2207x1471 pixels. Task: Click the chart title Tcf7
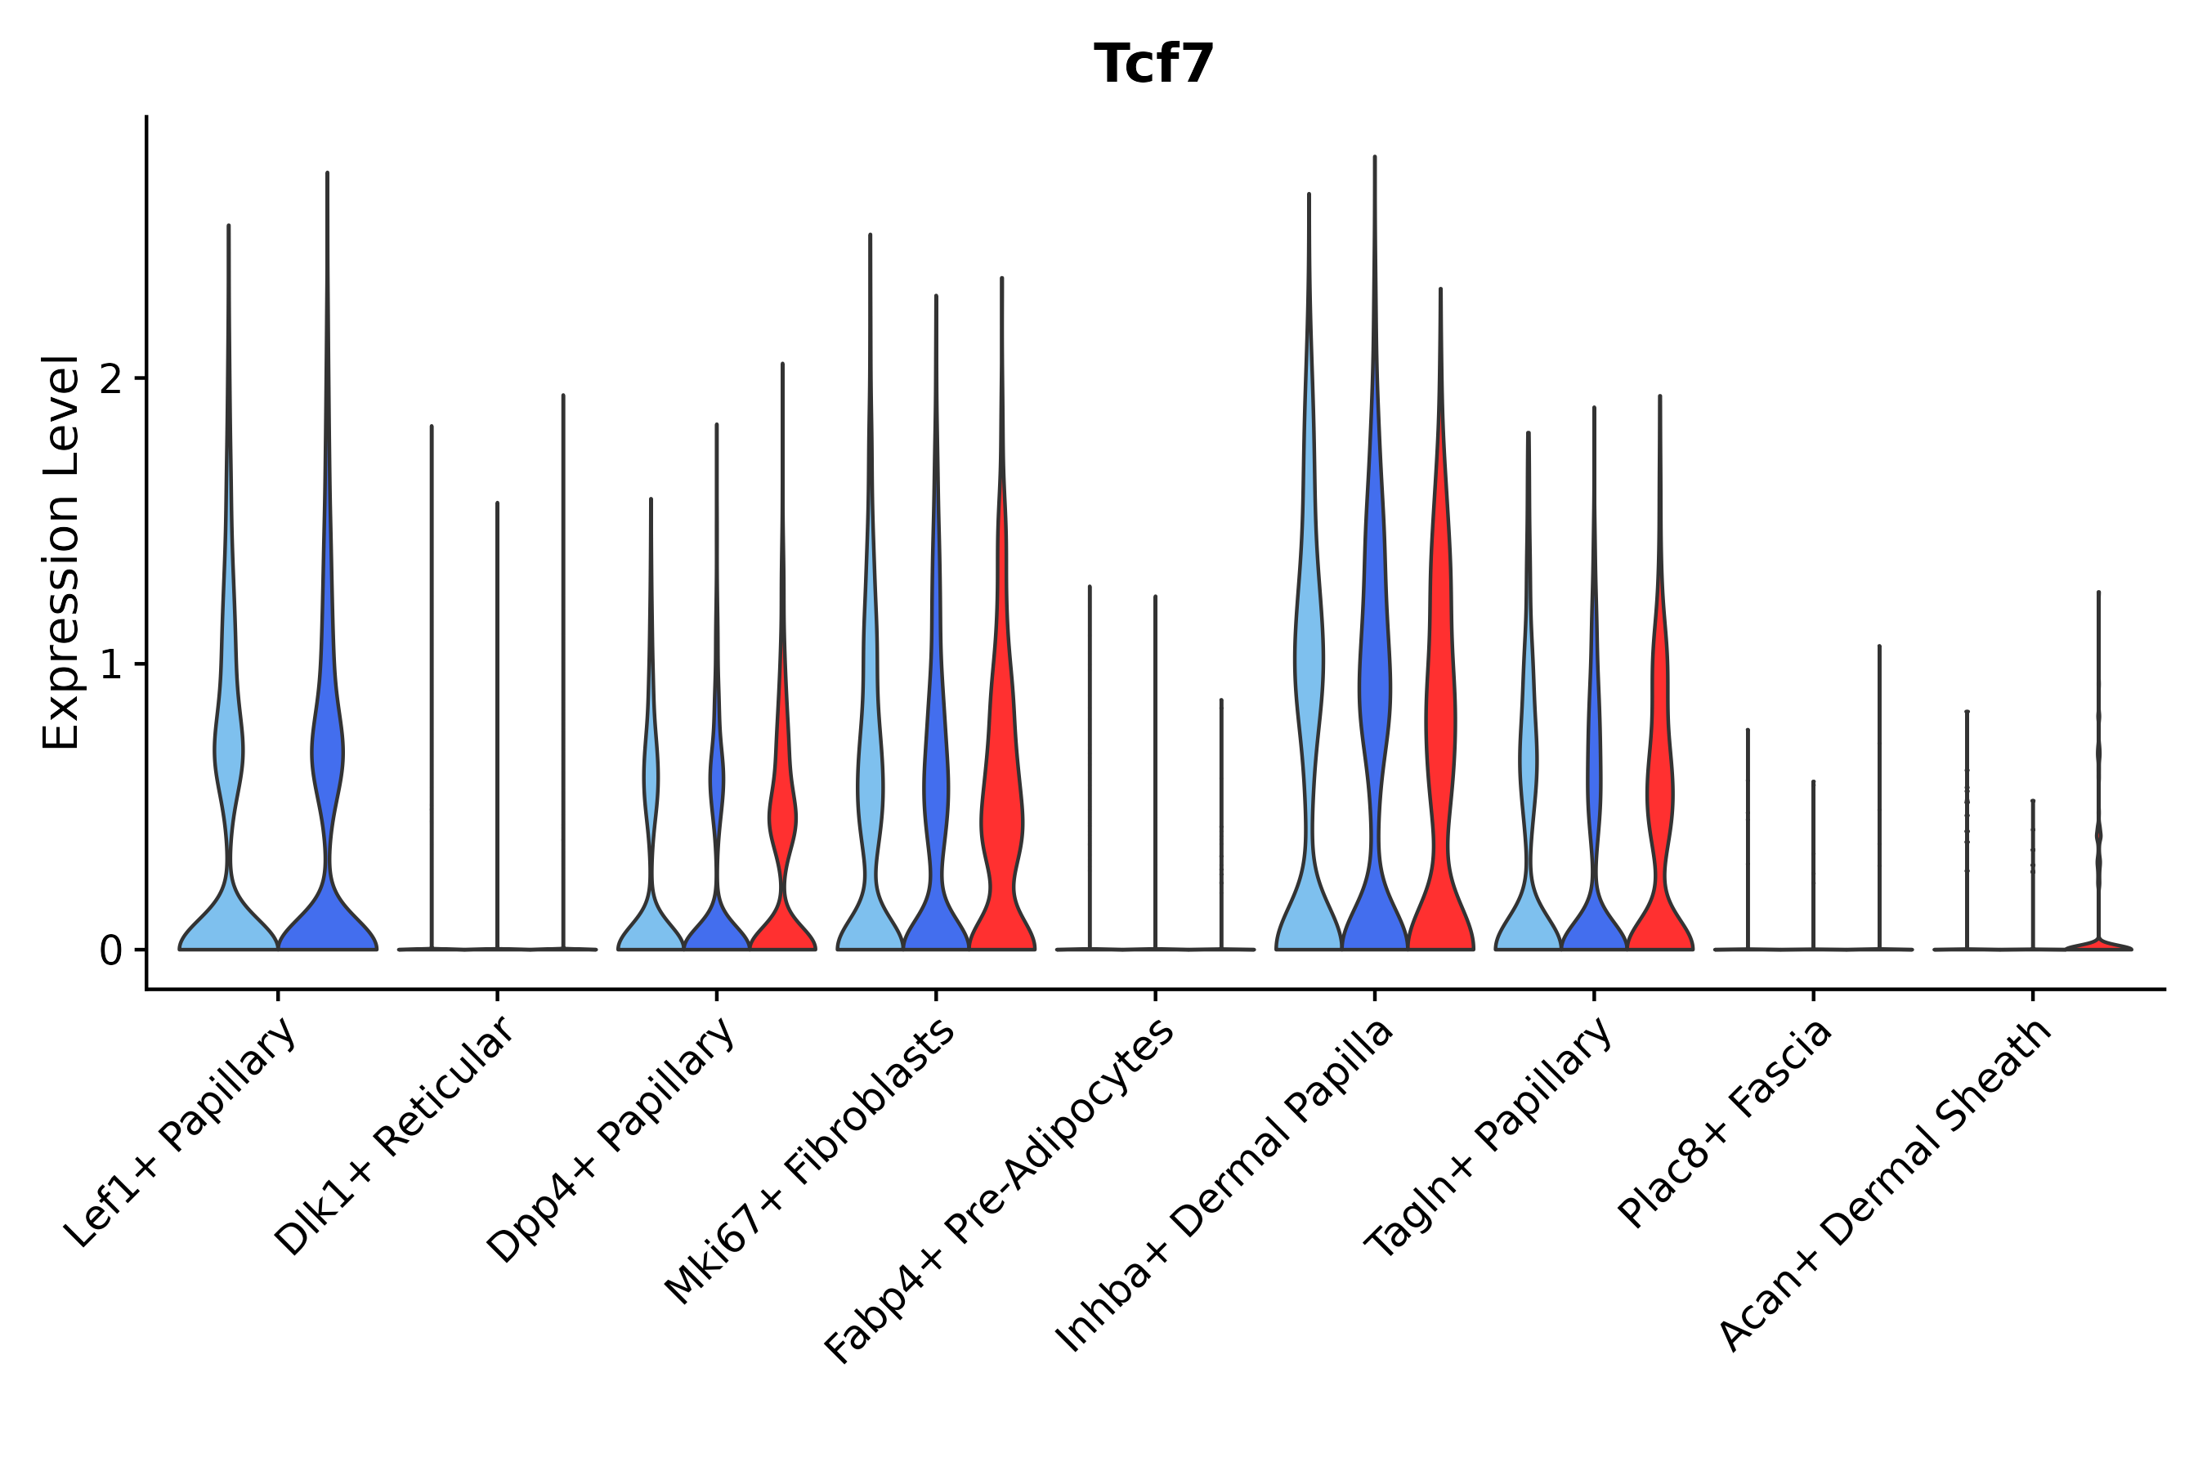[x=1153, y=65]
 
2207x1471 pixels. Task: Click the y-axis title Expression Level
[x=61, y=552]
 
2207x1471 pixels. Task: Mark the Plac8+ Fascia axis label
[x=1726, y=1123]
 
